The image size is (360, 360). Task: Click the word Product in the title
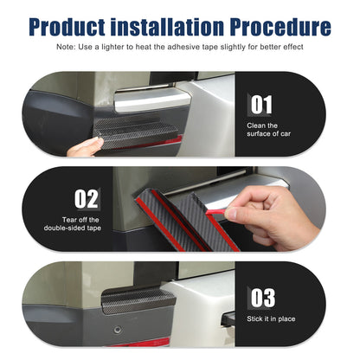pos(67,27)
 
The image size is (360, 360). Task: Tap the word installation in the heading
pos(167,27)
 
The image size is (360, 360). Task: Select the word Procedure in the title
pos(280,27)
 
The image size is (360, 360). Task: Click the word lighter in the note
pos(113,47)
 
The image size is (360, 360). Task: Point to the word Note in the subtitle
pos(65,47)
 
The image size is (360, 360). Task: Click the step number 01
pos(261,105)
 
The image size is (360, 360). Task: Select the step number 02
pos(86,199)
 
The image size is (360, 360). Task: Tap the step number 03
pos(262,298)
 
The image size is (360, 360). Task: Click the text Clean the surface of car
pos(268,130)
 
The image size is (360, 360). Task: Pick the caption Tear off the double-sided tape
pos(73,224)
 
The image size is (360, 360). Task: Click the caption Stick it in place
pos(271,318)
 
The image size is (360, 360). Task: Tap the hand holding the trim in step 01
pos(85,147)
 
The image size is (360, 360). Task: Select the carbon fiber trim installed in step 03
pos(138,300)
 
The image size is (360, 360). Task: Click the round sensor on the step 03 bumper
pos(117,330)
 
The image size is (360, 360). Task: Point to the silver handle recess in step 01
pos(153,100)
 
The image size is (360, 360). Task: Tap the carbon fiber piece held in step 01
pos(137,132)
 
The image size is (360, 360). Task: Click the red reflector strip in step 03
pos(140,343)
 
